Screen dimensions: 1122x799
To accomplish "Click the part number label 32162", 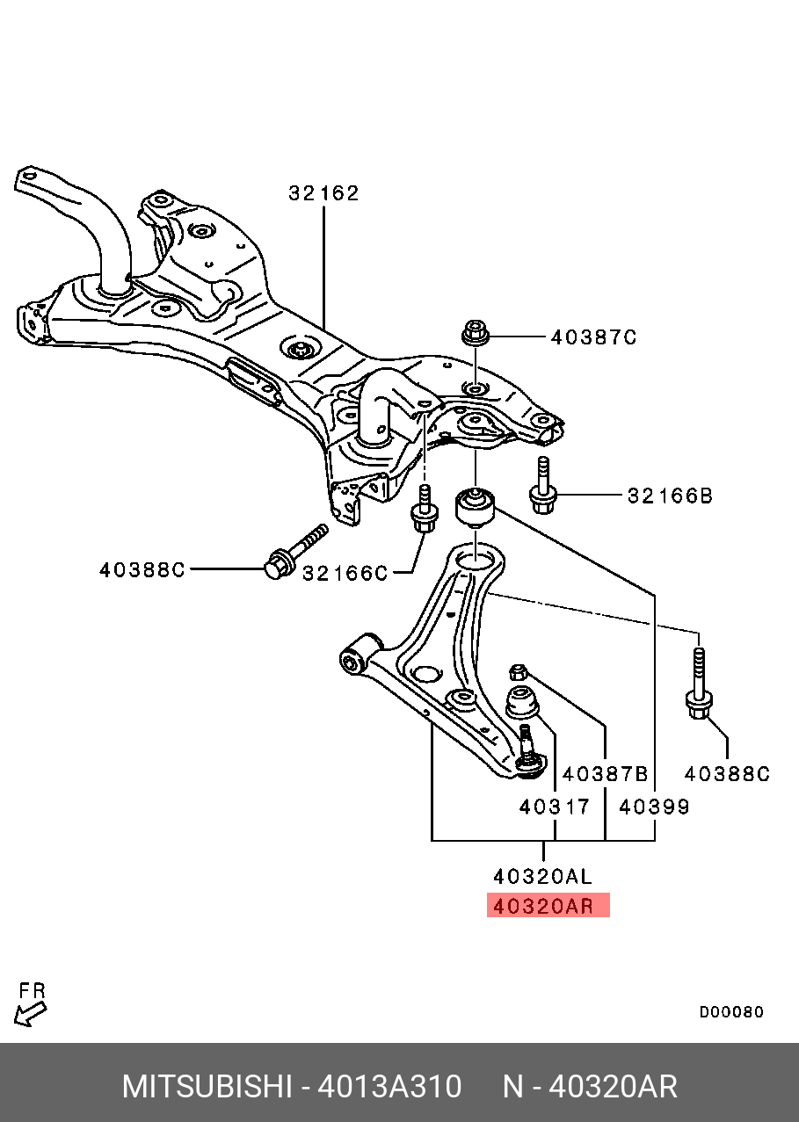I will pyautogui.click(x=323, y=193).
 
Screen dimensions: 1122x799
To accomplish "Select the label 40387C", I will pyautogui.click(x=593, y=337).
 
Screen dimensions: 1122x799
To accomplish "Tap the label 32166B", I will pyautogui.click(x=670, y=496).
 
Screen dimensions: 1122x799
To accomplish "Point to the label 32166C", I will pyautogui.click(x=345, y=573).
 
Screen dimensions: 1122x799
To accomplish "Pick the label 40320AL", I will pyautogui.click(x=542, y=876).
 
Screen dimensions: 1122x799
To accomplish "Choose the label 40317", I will pyautogui.click(x=554, y=806).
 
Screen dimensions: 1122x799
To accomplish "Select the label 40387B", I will pyautogui.click(x=605, y=773).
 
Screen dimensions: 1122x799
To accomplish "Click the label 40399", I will pyautogui.click(x=655, y=806).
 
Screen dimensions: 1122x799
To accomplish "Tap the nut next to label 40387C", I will pyautogui.click(x=475, y=334).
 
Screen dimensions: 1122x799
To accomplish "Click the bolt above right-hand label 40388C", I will pyautogui.click(x=699, y=685).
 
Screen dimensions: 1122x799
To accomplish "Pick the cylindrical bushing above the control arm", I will pyautogui.click(x=475, y=505).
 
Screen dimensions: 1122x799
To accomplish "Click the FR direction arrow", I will pyautogui.click(x=32, y=1005).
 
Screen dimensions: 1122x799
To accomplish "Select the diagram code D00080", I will pyautogui.click(x=731, y=1012).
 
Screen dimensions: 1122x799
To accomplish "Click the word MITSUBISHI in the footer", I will pyautogui.click(x=207, y=1087).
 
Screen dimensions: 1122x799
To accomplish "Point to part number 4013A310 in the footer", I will pyautogui.click(x=389, y=1087).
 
